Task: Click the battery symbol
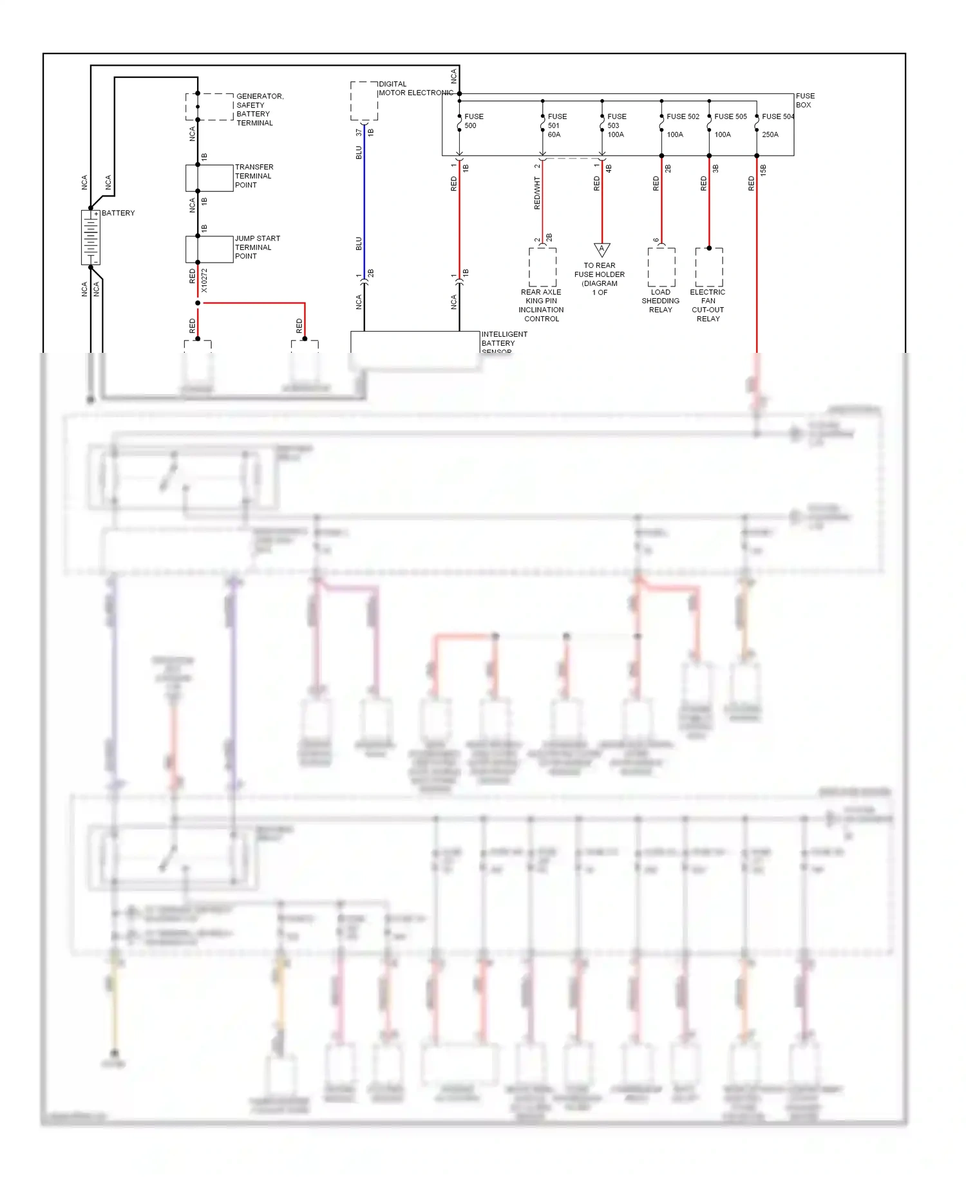click(x=91, y=237)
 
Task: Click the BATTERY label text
click(x=118, y=213)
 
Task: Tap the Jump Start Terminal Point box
click(x=209, y=249)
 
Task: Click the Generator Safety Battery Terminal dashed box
click(x=209, y=107)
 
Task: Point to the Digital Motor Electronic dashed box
click(x=364, y=101)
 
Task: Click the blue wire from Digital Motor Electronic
click(x=365, y=200)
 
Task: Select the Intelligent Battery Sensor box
click(x=415, y=342)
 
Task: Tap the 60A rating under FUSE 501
click(x=554, y=135)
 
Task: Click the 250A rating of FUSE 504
click(x=770, y=135)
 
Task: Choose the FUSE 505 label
click(x=730, y=117)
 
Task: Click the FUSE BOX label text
click(x=804, y=100)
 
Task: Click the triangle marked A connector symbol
click(x=601, y=249)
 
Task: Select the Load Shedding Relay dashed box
click(x=661, y=267)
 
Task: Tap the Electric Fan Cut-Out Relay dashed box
click(x=709, y=267)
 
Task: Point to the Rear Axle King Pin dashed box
click(x=542, y=267)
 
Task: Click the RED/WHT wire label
click(x=537, y=193)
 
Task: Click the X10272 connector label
click(x=204, y=281)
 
